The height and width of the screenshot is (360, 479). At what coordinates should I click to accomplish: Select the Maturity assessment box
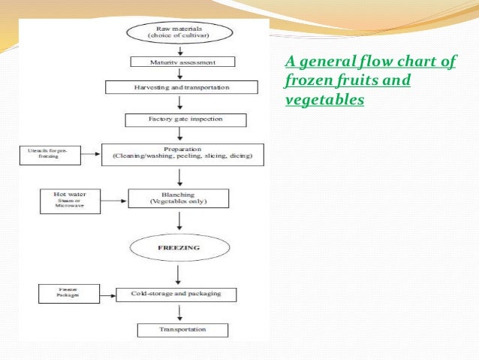click(x=183, y=62)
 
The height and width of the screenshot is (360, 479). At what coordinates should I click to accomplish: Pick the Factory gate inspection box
click(x=185, y=119)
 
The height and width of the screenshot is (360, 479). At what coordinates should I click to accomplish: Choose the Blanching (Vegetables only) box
click(x=179, y=198)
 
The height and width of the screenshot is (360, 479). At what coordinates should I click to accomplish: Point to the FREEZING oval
click(x=178, y=247)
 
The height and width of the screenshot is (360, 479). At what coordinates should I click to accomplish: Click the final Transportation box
click(x=182, y=330)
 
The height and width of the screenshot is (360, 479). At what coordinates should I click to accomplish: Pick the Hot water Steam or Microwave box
click(x=70, y=201)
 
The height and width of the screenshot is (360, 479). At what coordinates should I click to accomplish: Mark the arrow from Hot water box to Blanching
click(x=114, y=201)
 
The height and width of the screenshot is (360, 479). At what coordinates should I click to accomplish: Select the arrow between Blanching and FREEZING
click(x=179, y=222)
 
